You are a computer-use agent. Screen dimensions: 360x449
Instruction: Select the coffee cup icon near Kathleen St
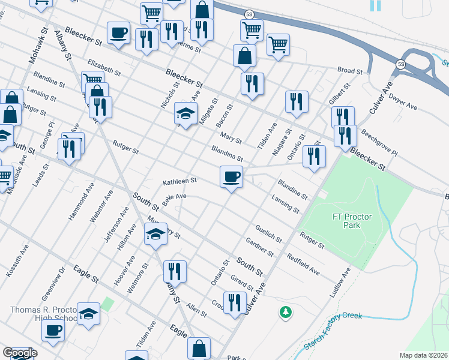click(231, 176)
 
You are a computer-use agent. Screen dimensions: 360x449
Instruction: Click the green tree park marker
click(286, 312)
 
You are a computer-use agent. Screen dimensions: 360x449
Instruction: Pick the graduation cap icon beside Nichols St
click(186, 113)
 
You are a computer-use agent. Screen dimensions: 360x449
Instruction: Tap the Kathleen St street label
click(180, 181)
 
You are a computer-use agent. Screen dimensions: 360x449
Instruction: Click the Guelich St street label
click(268, 232)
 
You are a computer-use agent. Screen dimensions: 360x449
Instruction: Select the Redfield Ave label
click(303, 264)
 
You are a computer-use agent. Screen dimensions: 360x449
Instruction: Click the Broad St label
click(350, 71)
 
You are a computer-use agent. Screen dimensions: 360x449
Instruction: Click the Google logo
click(19, 353)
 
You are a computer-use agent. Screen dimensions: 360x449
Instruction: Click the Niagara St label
click(282, 142)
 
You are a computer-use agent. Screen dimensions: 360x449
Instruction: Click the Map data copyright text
click(423, 355)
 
